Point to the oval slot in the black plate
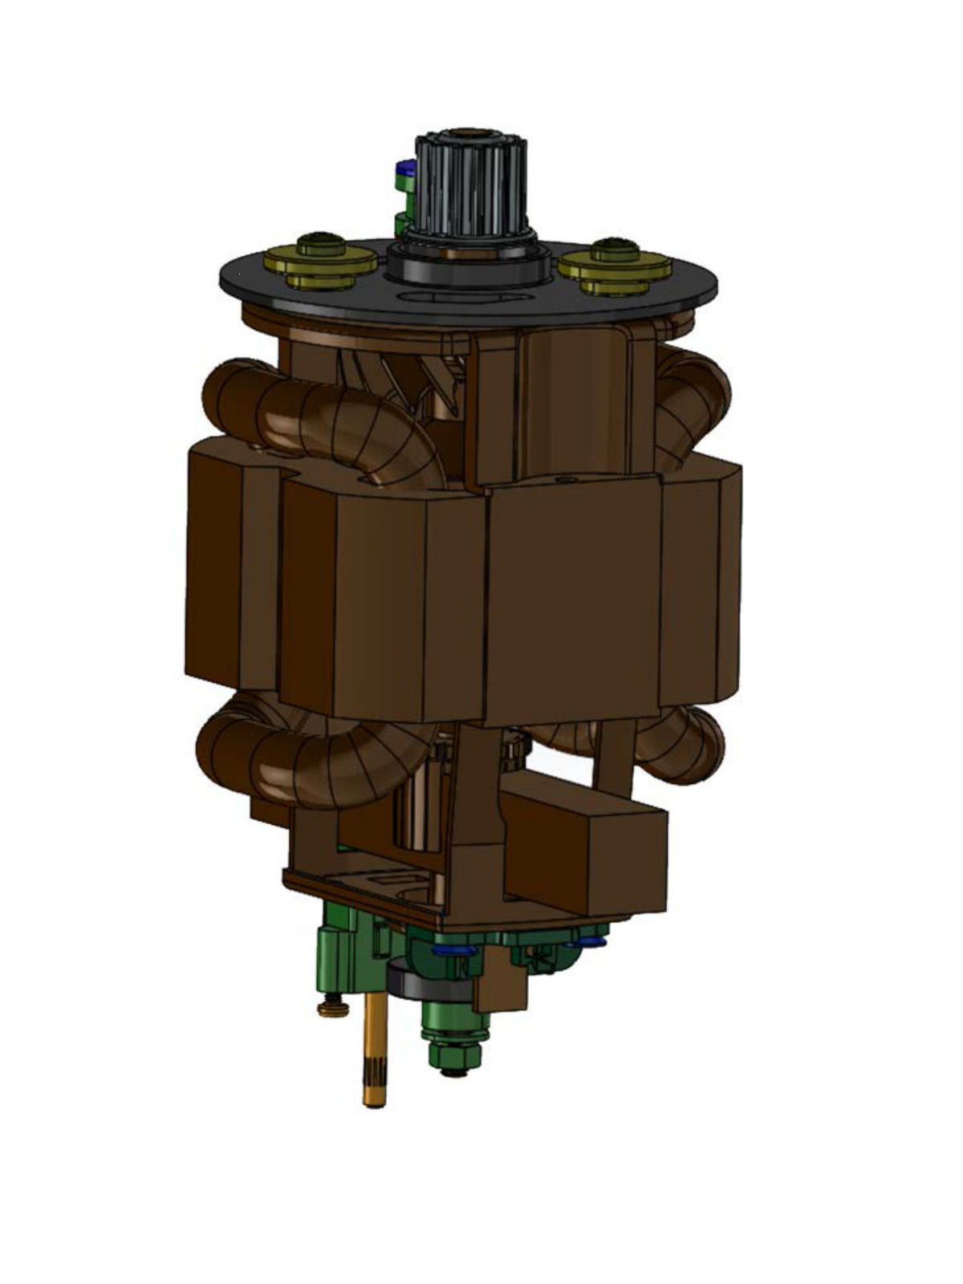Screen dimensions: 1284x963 tap(469, 299)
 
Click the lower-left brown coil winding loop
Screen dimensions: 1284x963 tap(313, 754)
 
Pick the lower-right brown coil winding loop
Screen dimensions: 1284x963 tap(682, 742)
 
